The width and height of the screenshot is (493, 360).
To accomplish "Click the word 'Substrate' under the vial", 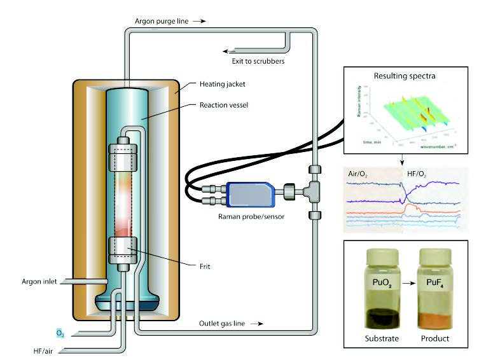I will click(372, 338).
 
